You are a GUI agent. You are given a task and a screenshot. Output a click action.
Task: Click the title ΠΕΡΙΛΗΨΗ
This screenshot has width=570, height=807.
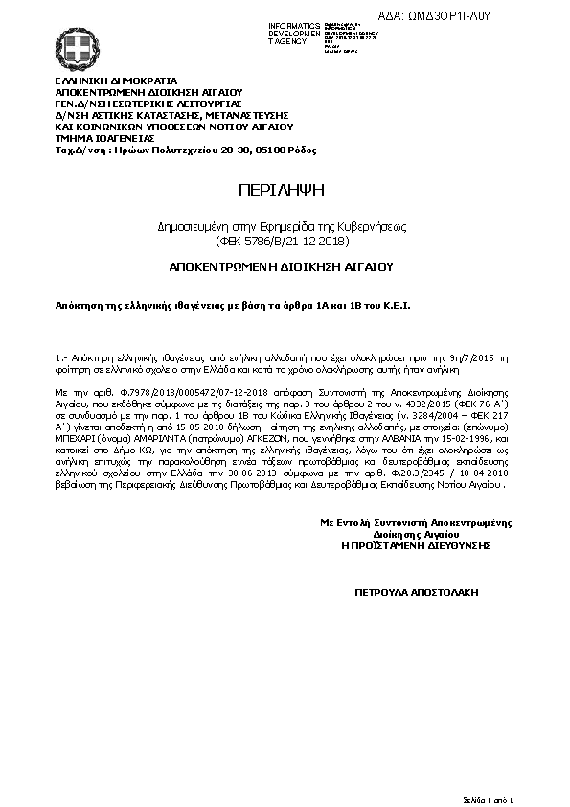(x=284, y=189)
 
